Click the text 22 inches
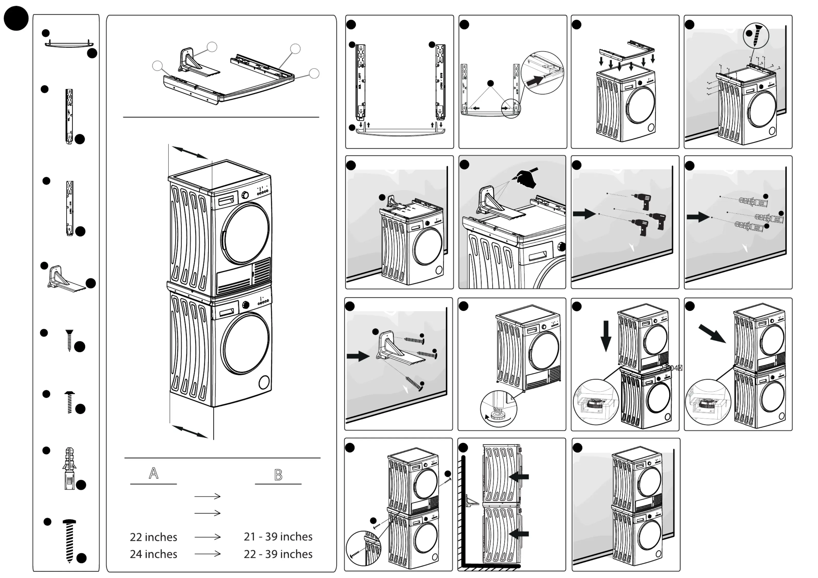(x=153, y=537)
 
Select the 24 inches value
(x=153, y=554)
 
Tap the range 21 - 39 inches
(x=278, y=537)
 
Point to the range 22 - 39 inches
(x=278, y=554)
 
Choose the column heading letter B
(x=278, y=475)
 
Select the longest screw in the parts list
(x=70, y=541)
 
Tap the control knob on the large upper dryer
(x=245, y=195)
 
